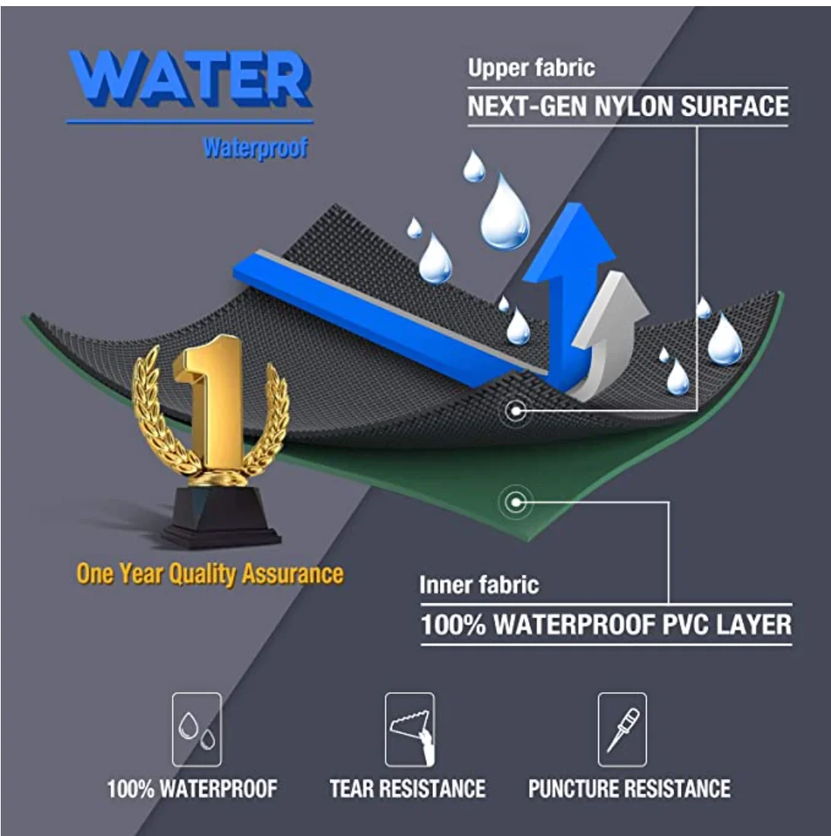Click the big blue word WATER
pos(189,79)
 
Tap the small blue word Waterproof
pos(255,148)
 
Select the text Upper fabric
pos(530,68)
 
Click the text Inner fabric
pos(479,585)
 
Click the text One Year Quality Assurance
pos(210,574)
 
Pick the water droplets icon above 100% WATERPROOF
pos(196,729)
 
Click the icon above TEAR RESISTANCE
pos(409,729)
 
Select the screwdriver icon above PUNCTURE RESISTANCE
pos(622,729)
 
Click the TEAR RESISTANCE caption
pos(407,788)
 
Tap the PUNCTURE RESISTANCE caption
pos(629,788)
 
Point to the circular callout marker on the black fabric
pos(516,412)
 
